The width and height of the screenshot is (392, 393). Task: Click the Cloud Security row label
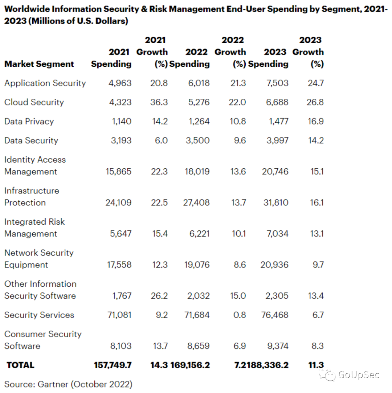click(34, 102)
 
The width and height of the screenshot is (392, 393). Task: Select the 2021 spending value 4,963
click(120, 83)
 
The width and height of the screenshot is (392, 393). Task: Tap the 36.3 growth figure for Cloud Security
click(159, 102)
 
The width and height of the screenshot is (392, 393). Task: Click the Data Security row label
click(31, 141)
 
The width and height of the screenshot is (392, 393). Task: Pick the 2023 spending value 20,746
click(275, 172)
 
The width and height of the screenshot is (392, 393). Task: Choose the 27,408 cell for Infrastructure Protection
click(196, 202)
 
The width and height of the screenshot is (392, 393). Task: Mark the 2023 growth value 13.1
click(317, 234)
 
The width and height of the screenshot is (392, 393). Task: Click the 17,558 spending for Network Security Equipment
click(119, 265)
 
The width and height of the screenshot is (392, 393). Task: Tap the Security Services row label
click(39, 315)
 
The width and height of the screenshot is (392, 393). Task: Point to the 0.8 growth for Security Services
click(240, 315)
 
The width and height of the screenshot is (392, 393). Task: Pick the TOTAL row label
click(20, 365)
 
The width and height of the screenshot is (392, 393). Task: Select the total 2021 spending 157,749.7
click(113, 365)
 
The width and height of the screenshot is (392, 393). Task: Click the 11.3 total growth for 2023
click(316, 365)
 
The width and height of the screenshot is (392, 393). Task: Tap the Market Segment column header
click(39, 64)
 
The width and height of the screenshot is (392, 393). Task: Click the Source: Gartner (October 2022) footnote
click(68, 384)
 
